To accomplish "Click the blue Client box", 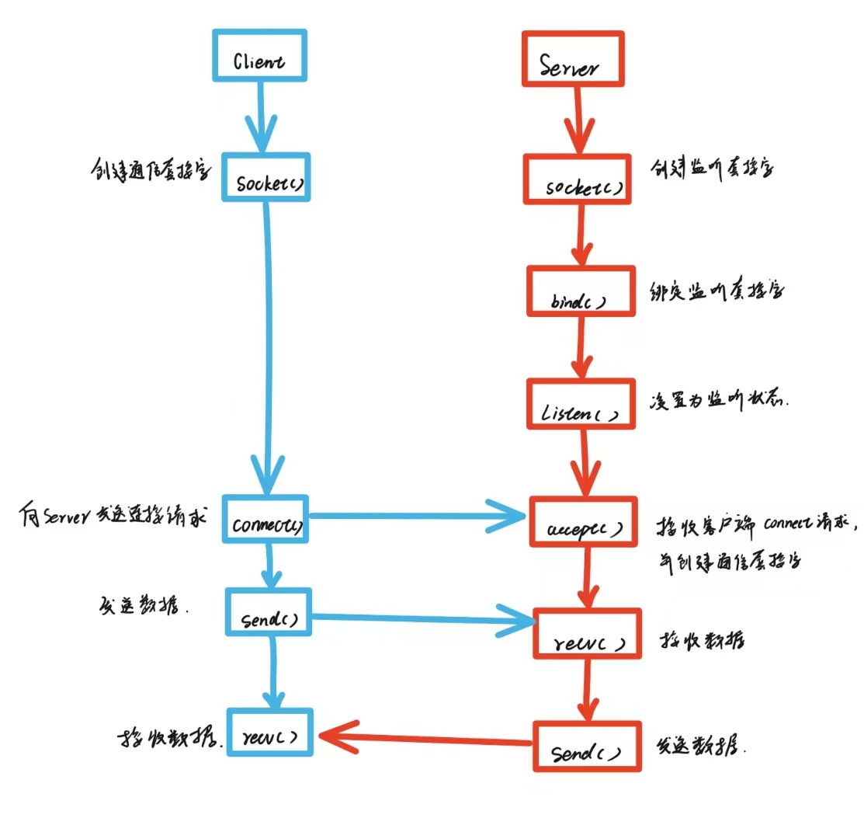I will click(x=259, y=56).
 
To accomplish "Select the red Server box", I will click(x=571, y=58).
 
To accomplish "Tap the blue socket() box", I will click(x=266, y=177).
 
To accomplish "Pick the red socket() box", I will click(x=576, y=181).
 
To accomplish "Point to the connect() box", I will click(x=265, y=518).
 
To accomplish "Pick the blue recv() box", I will click(x=270, y=732).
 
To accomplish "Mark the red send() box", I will click(x=587, y=746).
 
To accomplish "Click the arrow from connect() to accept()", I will click(x=419, y=514).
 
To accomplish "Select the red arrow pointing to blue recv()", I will click(x=427, y=737).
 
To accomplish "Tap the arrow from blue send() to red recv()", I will click(x=423, y=619).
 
